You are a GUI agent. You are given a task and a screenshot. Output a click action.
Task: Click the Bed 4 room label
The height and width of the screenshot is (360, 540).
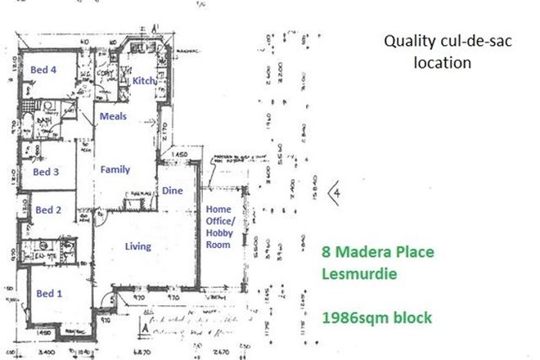(43, 70)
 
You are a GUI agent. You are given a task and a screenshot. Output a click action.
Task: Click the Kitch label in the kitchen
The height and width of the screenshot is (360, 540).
(144, 81)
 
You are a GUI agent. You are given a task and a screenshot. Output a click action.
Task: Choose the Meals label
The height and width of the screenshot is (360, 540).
(113, 116)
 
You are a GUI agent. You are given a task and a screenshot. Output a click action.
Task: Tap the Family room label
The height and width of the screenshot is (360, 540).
(115, 169)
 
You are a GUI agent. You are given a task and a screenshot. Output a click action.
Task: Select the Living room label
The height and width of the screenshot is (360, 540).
(138, 245)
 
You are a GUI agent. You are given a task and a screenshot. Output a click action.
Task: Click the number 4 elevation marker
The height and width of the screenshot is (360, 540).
(335, 193)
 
